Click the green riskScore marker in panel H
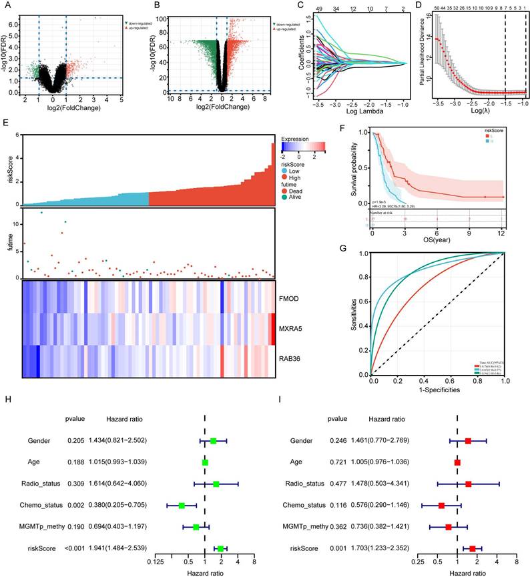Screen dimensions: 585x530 click(220, 548)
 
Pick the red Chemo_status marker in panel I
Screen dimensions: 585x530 click(442, 506)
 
